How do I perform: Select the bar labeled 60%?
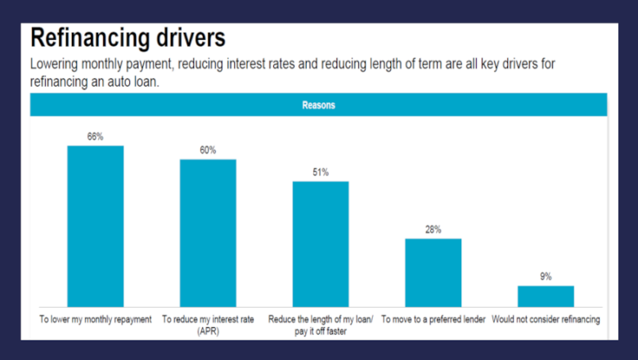[208, 232]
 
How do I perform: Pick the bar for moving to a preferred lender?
[434, 272]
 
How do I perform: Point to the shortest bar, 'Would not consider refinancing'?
[546, 296]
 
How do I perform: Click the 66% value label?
[95, 137]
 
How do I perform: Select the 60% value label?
[208, 150]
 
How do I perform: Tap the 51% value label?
[321, 172]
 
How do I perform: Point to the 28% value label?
[434, 229]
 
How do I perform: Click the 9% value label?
[546, 277]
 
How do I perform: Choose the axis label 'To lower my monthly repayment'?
[96, 319]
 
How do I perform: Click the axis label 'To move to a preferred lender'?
[434, 319]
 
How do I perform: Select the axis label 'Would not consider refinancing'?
[546, 319]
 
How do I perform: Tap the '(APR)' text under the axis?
[208, 331]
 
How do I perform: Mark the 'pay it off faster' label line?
[321, 331]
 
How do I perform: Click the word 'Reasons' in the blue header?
[318, 105]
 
